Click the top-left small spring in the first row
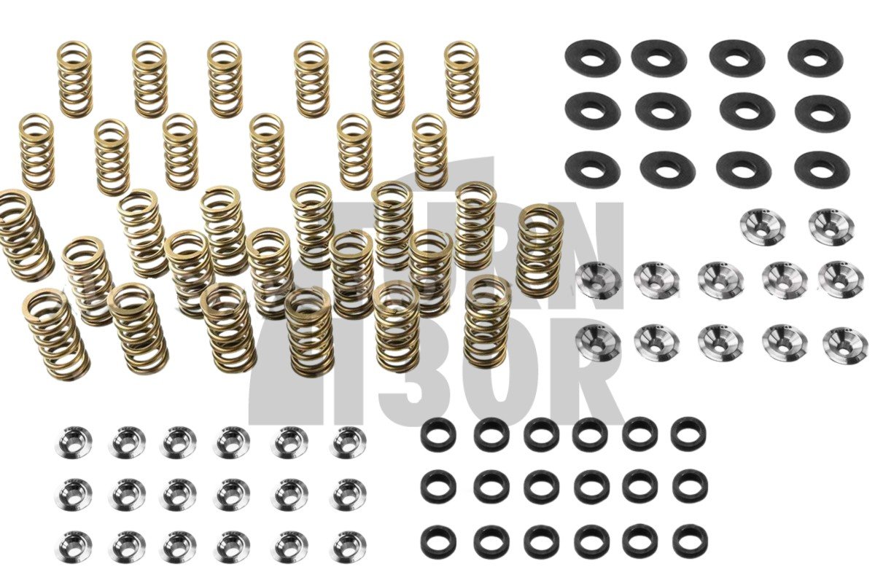click(75, 79)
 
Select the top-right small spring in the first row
click(462, 79)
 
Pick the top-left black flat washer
click(592, 57)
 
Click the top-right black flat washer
click(815, 57)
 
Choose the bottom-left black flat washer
click(592, 168)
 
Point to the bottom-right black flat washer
click(822, 168)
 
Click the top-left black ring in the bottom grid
click(438, 434)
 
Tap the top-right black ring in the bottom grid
click(688, 432)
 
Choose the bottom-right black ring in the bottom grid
click(689, 540)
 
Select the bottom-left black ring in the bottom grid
click(438, 541)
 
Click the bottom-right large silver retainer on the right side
click(845, 345)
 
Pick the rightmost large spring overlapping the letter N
click(540, 250)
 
